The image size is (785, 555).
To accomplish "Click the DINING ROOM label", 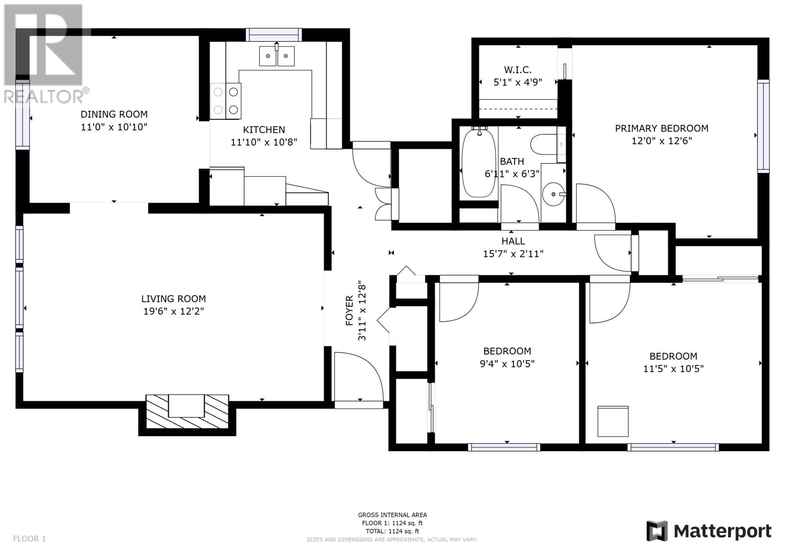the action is tap(114, 114).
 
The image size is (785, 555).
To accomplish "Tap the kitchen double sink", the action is tap(277, 56).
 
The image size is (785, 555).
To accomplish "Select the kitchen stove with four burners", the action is tap(225, 101).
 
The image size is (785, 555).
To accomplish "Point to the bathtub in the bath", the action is tap(479, 163).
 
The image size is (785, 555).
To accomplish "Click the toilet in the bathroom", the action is tap(548, 144).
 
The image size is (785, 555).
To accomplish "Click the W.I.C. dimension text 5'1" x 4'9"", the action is tap(518, 82).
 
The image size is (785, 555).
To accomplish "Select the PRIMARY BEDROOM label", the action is tap(662, 128).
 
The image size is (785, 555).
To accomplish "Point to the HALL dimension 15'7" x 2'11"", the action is tap(513, 254).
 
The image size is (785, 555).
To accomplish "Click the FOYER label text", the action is tap(349, 311).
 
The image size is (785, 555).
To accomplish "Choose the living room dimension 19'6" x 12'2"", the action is tap(174, 311).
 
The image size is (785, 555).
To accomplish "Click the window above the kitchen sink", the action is tap(274, 35).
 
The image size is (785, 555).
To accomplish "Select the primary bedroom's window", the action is tap(763, 126).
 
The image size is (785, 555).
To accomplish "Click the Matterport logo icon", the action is tap(657, 531).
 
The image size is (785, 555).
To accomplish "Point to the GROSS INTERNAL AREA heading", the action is tap(392, 515).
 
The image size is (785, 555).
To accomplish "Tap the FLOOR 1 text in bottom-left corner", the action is tap(29, 538).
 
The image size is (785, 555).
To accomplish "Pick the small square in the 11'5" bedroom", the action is tap(613, 422).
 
